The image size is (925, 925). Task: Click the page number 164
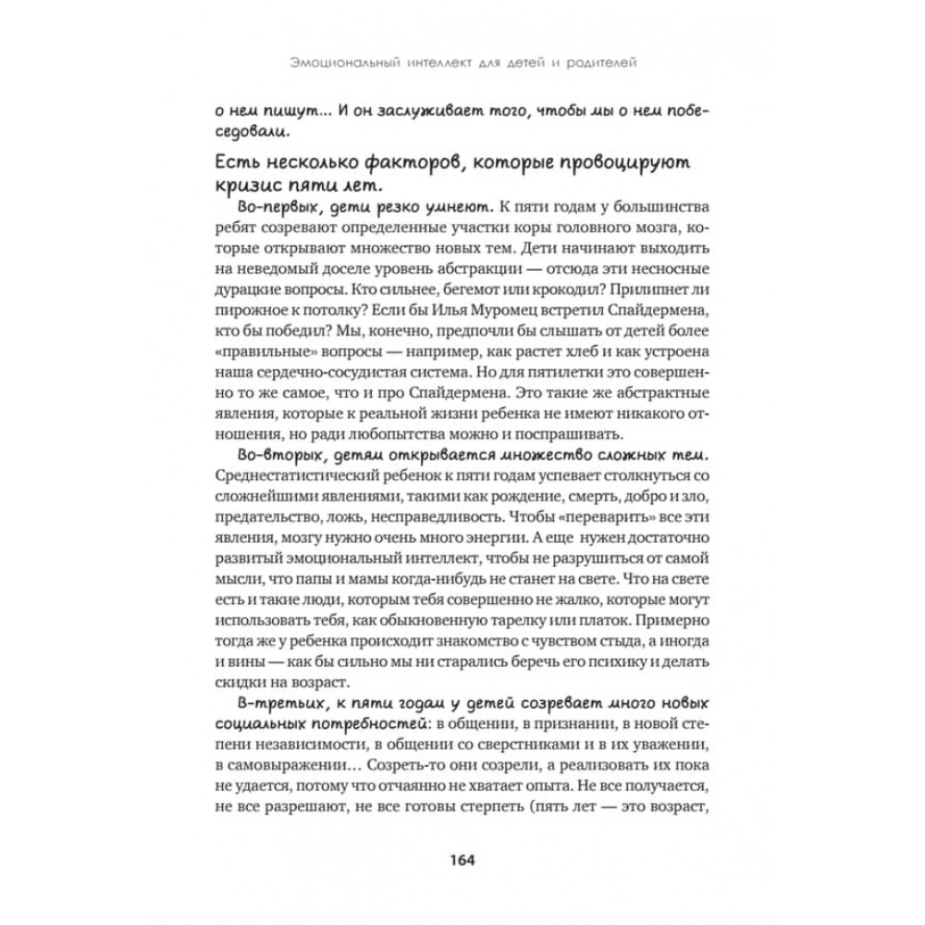pos(461,859)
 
